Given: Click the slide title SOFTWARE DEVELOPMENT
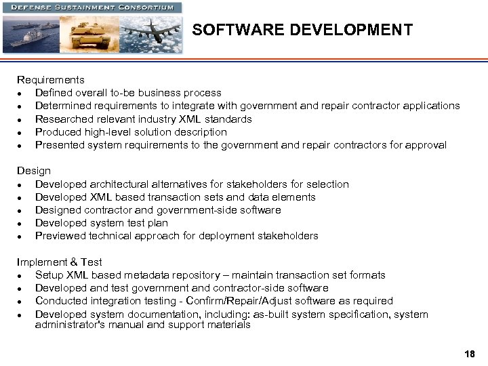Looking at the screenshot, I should tap(302, 30).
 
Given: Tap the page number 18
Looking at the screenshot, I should tap(470, 354).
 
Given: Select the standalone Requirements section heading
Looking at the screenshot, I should tap(51, 80).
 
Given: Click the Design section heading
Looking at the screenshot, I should tap(34, 171).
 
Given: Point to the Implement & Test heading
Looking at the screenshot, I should tap(60, 262).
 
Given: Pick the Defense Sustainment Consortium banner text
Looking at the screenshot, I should tap(93, 7).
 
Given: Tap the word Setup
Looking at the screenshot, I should tap(49, 275).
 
